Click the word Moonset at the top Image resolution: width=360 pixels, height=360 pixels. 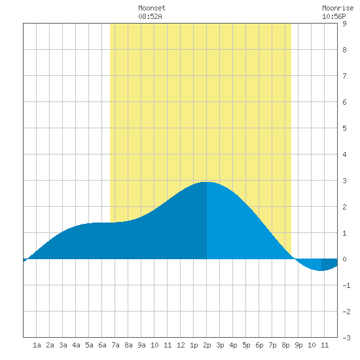coord(152,8)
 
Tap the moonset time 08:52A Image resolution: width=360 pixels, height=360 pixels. coord(150,16)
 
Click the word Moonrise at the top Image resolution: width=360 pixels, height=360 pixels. coord(338,8)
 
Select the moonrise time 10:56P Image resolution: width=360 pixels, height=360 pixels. coord(334,16)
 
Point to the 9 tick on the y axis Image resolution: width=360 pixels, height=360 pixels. coord(344,24)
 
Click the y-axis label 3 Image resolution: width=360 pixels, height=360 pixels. coord(344,181)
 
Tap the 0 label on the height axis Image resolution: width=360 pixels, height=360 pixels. coord(344,259)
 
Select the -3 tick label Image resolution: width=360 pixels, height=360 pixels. coord(346,338)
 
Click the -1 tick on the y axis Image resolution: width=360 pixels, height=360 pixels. coord(346,285)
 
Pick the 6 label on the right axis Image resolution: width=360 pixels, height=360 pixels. coord(344,102)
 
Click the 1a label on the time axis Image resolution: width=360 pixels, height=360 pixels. coord(37,345)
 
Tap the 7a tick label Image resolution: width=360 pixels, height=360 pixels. coord(115,345)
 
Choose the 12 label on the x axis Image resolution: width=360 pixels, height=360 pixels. coord(181,345)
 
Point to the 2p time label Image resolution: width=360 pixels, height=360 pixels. coord(207,345)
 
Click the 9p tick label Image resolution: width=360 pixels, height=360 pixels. coord(298,345)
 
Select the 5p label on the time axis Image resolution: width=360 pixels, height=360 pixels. coord(246,345)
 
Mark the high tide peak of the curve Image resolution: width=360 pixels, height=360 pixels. coord(207,182)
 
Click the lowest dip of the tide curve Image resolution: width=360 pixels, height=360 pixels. coord(321,271)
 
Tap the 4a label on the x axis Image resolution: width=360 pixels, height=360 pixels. coord(76,345)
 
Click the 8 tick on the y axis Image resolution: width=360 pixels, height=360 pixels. coord(344,50)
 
